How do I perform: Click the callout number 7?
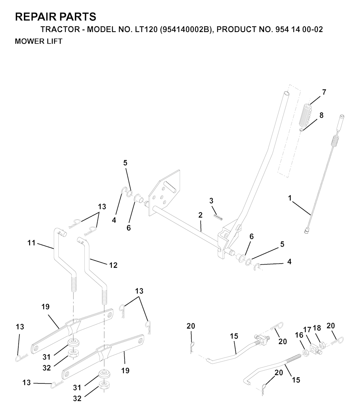(x=324, y=92)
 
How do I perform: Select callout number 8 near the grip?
(x=321, y=115)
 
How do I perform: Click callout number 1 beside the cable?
(x=290, y=198)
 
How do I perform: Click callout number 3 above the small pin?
(x=211, y=201)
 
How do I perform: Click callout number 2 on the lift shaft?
(x=200, y=215)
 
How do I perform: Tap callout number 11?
(x=31, y=243)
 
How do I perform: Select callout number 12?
(x=113, y=265)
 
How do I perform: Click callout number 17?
(x=307, y=330)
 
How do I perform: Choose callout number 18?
(x=317, y=328)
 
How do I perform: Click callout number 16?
(x=299, y=335)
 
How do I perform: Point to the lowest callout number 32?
(x=77, y=398)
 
